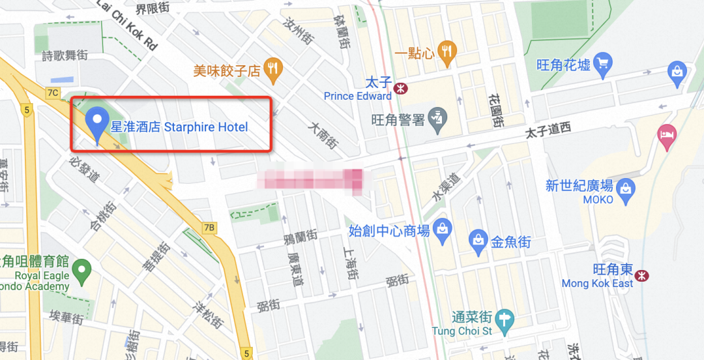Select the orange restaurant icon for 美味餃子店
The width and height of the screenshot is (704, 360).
click(273, 69)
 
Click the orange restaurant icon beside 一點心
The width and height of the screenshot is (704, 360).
click(447, 53)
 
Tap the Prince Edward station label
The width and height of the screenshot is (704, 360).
click(358, 97)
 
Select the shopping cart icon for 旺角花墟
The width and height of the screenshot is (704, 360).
click(604, 65)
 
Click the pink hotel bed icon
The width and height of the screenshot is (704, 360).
click(667, 136)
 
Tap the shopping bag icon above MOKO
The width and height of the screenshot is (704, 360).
click(626, 187)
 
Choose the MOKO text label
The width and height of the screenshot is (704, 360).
click(598, 200)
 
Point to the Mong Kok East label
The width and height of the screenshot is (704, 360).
click(597, 284)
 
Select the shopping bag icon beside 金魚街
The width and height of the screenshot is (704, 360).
click(478, 242)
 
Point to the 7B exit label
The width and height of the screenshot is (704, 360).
click(209, 228)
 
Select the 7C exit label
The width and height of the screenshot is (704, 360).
click(53, 93)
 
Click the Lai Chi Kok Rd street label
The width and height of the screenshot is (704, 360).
click(127, 27)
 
